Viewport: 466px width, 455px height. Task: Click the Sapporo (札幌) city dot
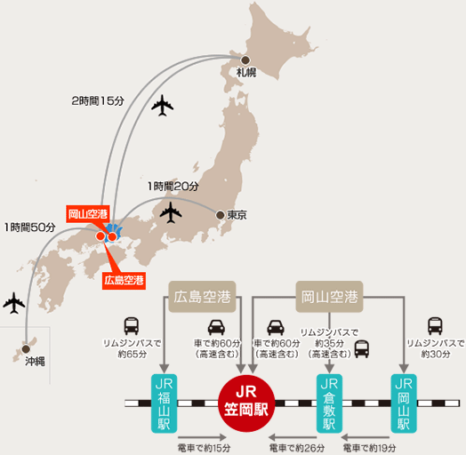245,60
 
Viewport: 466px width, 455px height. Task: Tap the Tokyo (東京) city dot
221,215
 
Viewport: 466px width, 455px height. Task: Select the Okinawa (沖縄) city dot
26,348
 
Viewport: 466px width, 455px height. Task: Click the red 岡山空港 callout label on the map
88,214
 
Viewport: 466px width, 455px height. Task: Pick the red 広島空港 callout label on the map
124,280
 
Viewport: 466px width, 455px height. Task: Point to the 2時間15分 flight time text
98,101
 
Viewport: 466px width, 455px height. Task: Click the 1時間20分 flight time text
173,187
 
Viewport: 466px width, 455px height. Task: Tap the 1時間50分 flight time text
30,227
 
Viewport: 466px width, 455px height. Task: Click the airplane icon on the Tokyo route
171,212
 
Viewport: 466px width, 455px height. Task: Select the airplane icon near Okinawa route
14,303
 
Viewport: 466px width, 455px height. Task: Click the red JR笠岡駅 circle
246,403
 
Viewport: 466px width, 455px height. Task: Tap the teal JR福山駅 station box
164,403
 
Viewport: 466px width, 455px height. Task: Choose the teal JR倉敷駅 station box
329,403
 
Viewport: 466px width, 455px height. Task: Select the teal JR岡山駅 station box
404,403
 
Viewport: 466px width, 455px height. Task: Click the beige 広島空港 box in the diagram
202,297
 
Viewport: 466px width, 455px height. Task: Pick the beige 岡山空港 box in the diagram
329,297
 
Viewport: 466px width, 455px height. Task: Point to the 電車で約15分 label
204,448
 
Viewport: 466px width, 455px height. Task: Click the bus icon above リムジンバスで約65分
132,326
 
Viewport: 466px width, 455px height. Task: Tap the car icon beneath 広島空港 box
216,327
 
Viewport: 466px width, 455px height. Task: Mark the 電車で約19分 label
369,448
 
